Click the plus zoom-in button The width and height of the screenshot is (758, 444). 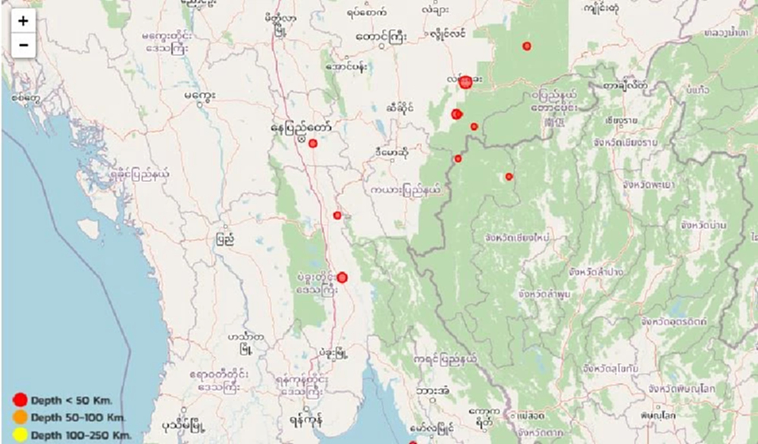pos(23,21)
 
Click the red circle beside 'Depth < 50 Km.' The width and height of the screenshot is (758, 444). pos(20,400)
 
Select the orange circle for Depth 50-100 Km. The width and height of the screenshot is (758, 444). pos(20,417)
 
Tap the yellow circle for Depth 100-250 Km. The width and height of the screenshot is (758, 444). pos(20,434)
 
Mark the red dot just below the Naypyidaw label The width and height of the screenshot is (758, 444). pos(312,143)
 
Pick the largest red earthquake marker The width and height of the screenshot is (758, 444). pos(465,81)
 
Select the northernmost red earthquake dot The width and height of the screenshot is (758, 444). pos(527,46)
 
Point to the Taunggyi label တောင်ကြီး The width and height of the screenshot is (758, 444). pos(381,35)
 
